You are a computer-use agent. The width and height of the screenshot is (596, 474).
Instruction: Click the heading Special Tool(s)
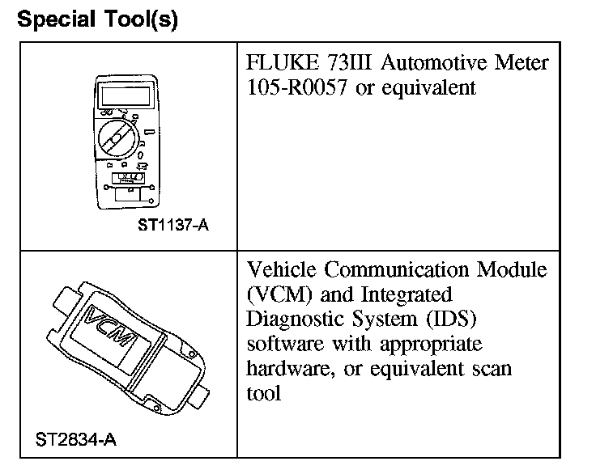(97, 19)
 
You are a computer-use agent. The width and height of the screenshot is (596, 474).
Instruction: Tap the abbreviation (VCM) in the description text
(275, 295)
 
